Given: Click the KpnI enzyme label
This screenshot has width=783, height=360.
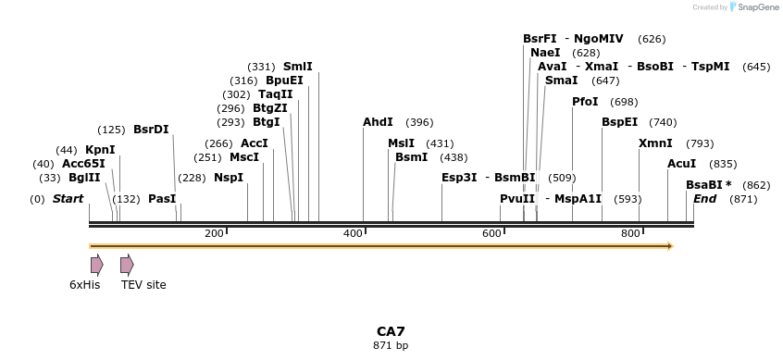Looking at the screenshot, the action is [100, 150].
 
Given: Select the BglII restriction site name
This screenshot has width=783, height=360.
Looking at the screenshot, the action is [84, 178].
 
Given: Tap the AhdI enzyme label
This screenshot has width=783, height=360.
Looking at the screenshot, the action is [378, 122].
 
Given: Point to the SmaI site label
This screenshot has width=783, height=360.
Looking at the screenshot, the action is [561, 81].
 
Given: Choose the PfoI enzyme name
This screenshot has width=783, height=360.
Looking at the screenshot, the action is [585, 102].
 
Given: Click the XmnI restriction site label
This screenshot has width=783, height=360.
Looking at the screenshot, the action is [655, 143].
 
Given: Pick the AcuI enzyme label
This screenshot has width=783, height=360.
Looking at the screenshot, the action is [681, 164].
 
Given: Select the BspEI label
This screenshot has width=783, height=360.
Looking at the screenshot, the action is [620, 122].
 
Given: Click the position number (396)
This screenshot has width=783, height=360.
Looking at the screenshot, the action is [419, 122].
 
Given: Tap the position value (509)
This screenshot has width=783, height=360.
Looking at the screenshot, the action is [562, 178].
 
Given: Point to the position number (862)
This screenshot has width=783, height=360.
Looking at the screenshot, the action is [756, 185].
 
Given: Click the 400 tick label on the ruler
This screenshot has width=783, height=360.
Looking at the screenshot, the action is [353, 233].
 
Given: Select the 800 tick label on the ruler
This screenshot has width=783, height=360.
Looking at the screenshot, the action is [630, 233].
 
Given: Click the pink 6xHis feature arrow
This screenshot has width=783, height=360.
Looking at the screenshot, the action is [97, 265].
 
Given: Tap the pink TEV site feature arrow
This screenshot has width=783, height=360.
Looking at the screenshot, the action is [128, 265].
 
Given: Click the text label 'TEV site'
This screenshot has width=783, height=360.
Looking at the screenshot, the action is [143, 285].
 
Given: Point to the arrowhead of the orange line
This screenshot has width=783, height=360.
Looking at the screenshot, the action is [671, 245].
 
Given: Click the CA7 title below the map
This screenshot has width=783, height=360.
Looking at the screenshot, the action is [391, 331].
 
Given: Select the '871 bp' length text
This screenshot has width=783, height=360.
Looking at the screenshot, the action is [391, 345].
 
